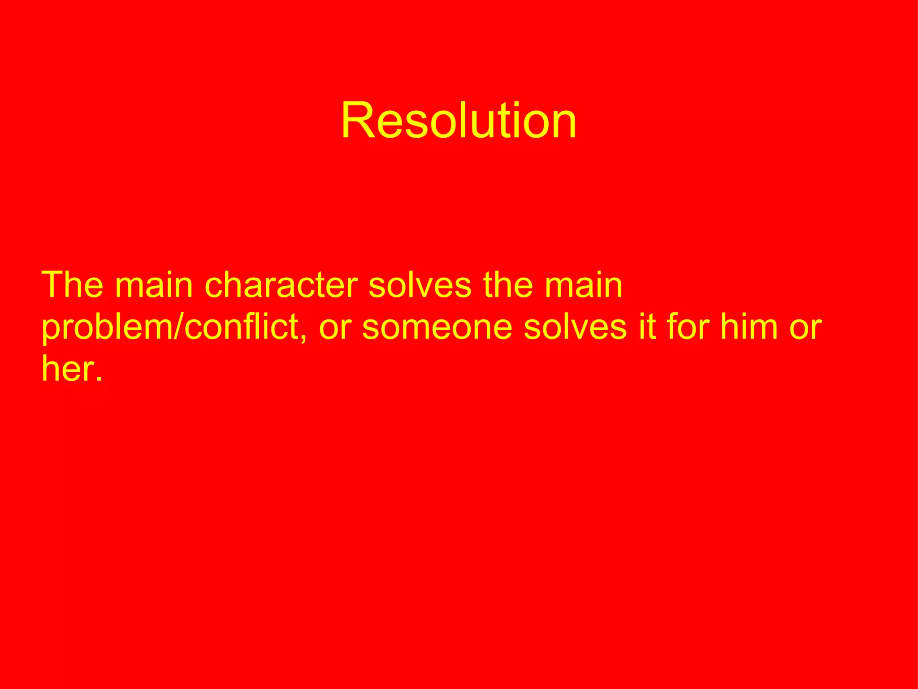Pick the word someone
437,327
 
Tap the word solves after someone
575,327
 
